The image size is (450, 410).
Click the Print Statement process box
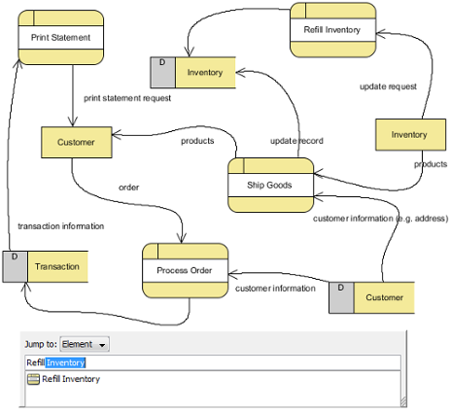[61, 37]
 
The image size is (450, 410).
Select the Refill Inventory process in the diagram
[333, 30]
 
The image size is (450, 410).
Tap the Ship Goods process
[271, 185]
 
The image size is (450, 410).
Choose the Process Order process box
[186, 270]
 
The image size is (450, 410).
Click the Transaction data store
[46, 266]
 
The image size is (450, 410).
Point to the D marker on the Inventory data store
[162, 62]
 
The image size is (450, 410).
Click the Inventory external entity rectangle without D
[410, 135]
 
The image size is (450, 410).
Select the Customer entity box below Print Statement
[77, 142]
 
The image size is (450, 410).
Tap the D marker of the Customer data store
[341, 288]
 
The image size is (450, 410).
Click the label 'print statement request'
[127, 98]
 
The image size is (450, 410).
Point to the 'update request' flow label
[388, 86]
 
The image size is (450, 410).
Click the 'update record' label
[296, 141]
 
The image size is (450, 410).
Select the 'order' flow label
[129, 188]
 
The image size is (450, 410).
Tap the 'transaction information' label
[61, 226]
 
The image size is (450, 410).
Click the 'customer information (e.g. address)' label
[381, 219]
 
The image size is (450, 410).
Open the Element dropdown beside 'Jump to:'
[85, 344]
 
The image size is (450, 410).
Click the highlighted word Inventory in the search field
[65, 362]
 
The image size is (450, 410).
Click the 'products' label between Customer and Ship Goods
[197, 141]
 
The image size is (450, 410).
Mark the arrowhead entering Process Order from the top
[182, 238]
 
